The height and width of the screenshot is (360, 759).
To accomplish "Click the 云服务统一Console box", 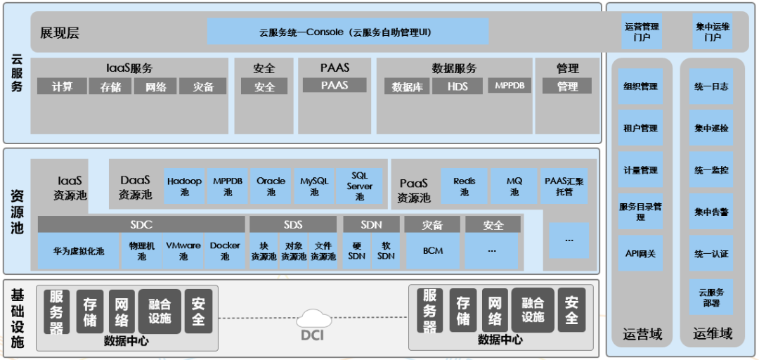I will pyautogui.click(x=348, y=32).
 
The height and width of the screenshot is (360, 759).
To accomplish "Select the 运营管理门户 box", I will pyautogui.click(x=642, y=32).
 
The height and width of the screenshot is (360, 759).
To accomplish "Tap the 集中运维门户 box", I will pyautogui.click(x=713, y=32).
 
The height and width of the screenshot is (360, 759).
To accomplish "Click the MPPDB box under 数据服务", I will pyautogui.click(x=510, y=86).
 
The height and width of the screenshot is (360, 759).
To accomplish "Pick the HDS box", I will pyautogui.click(x=458, y=86).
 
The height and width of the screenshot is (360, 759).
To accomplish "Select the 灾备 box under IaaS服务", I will pyautogui.click(x=203, y=86).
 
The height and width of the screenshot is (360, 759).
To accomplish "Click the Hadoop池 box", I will pyautogui.click(x=184, y=186).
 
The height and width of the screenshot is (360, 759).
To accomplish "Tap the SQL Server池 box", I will pyautogui.click(x=359, y=186).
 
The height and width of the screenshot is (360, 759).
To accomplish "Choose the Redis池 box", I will pyautogui.click(x=464, y=186).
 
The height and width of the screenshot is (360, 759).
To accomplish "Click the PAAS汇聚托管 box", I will pyautogui.click(x=564, y=186).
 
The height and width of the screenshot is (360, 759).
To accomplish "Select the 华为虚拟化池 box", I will pyautogui.click(x=79, y=251).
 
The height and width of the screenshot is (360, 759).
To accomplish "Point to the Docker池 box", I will pyautogui.click(x=225, y=251).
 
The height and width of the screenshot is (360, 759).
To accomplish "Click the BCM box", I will pyautogui.click(x=432, y=251).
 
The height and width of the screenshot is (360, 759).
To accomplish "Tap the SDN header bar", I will pyautogui.click(x=371, y=225).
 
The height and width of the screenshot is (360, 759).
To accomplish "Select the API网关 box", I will pyautogui.click(x=640, y=254).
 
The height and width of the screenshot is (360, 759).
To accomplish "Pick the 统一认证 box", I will pyautogui.click(x=711, y=254).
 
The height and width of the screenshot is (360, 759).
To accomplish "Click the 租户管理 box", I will pyautogui.click(x=640, y=128).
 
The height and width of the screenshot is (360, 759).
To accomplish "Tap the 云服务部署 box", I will pyautogui.click(x=711, y=297).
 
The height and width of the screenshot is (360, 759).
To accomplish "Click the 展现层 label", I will pyautogui.click(x=60, y=33).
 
